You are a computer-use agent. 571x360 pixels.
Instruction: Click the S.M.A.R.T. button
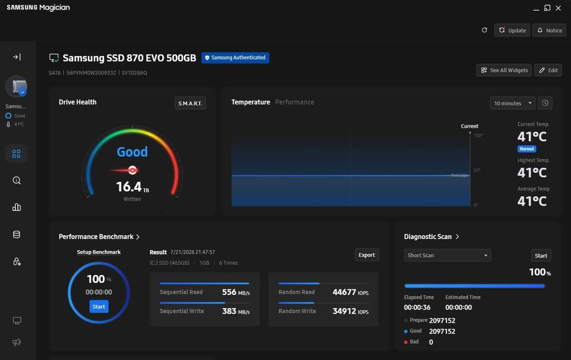190,103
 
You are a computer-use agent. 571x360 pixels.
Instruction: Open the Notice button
549,30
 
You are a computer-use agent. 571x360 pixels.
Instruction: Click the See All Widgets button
504,70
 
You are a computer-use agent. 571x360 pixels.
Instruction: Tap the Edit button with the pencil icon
548,70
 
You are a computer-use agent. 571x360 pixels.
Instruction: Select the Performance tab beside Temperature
294,102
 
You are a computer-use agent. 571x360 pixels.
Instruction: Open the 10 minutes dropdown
512,103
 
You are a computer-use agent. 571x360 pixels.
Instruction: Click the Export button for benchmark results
367,255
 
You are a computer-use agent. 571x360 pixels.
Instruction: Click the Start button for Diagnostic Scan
541,256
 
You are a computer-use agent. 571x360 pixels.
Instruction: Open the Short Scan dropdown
447,255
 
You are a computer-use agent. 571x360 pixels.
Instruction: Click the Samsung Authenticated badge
235,58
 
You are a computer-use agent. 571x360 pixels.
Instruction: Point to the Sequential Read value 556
229,292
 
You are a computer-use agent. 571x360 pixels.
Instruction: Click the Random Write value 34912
344,312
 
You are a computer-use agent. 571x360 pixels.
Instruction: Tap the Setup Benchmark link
99,252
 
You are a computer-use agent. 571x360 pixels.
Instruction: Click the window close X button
558,8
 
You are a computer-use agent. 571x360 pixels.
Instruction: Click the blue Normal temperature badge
526,149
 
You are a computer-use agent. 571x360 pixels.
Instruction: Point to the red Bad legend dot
405,342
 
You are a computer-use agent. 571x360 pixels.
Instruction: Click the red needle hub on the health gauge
132,170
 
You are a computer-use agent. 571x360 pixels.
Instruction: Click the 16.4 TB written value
132,187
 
